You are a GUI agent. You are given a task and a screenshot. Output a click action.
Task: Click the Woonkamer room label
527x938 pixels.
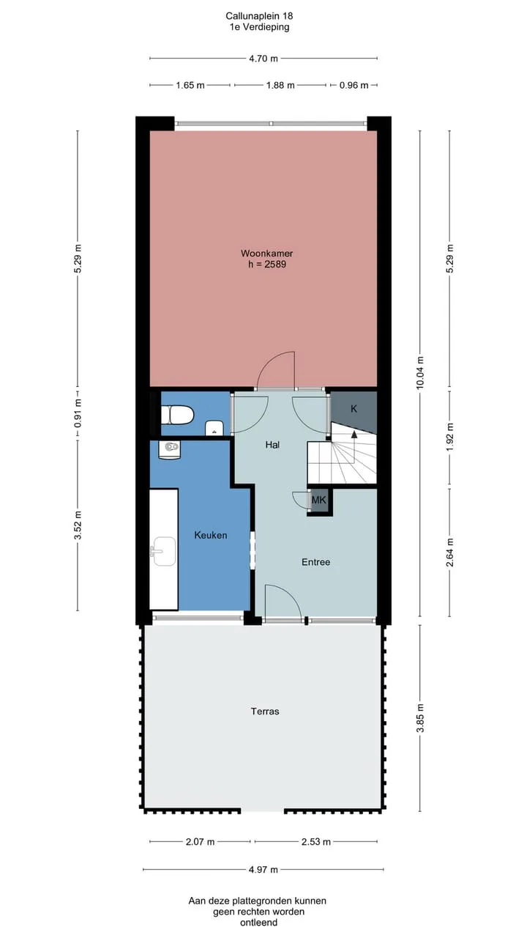[267, 254]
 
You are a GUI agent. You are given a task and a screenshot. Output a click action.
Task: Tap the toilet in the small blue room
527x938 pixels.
[177, 415]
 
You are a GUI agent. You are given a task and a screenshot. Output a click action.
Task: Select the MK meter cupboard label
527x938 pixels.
[318, 500]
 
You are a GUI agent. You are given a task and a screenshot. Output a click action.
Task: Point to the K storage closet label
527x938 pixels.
[354, 409]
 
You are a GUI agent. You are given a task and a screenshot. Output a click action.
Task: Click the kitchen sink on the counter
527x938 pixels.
[163, 551]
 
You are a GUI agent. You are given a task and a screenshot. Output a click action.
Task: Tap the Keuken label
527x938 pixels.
[211, 535]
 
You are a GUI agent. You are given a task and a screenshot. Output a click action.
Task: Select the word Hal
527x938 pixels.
[272, 445]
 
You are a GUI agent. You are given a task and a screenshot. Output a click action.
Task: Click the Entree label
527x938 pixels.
[315, 562]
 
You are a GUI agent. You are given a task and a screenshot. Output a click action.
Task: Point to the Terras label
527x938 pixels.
[265, 711]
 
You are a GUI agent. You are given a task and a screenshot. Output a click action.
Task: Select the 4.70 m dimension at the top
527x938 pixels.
[263, 59]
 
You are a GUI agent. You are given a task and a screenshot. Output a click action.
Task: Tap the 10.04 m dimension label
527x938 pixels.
[420, 373]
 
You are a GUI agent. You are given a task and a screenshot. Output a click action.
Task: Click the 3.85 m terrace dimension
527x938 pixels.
[420, 717]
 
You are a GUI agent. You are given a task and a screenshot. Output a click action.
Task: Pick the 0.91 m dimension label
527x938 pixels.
[78, 414]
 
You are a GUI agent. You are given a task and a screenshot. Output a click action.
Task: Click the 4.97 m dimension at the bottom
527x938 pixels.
[263, 870]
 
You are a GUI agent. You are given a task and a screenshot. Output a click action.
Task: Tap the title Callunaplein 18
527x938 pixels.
[259, 16]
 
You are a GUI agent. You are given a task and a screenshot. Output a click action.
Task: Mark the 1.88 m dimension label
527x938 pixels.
[280, 86]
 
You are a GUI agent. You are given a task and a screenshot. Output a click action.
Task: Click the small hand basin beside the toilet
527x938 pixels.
[214, 428]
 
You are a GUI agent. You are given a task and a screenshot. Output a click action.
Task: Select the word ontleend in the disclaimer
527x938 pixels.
[258, 923]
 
